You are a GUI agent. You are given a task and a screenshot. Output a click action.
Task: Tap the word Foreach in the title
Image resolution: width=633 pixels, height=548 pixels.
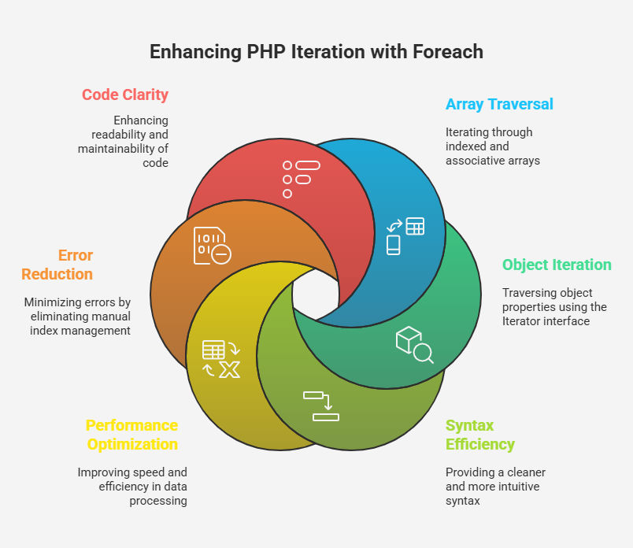[448, 52]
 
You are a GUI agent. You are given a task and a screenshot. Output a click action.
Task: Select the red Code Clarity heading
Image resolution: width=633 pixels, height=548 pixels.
[125, 95]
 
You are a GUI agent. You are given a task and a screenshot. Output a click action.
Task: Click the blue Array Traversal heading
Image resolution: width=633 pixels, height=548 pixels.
[499, 104]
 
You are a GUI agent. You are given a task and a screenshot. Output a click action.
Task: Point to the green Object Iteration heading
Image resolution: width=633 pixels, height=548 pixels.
[557, 265]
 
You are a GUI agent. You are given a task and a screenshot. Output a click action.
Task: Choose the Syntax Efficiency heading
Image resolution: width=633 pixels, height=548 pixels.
[480, 435]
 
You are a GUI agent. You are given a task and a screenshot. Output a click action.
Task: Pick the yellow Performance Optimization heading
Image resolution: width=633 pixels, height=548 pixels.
[132, 435]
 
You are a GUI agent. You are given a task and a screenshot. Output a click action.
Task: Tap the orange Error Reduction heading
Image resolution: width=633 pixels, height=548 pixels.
[57, 265]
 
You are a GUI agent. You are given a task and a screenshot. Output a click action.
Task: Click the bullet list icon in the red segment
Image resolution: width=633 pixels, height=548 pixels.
[302, 180]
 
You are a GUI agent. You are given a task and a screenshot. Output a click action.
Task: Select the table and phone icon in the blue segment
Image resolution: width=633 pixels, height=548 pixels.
[405, 236]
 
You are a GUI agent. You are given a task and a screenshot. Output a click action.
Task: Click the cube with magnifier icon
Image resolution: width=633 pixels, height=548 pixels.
[415, 345]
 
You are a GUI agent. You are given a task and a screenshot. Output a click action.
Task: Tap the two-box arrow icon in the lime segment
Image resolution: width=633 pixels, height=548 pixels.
[321, 406]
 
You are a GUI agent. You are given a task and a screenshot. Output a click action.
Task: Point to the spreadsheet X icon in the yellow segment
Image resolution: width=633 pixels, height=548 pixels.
[221, 359]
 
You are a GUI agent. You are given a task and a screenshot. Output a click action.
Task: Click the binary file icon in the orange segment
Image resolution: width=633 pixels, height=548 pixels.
[213, 246]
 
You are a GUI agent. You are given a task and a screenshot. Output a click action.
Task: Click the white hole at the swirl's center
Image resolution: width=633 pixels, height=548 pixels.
[316, 294]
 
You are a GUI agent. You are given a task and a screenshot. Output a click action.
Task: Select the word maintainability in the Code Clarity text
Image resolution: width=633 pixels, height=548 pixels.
[117, 149]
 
